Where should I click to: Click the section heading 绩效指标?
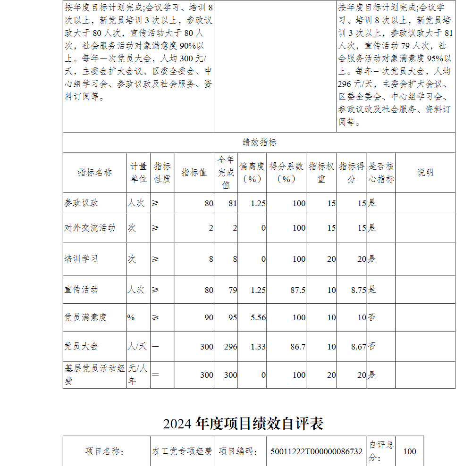(x=259, y=143)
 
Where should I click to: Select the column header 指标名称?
(x=94, y=173)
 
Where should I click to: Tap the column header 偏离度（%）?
(x=252, y=173)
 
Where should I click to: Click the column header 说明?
(x=425, y=173)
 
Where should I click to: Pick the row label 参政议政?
(x=82, y=203)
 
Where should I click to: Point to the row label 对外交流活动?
(x=90, y=228)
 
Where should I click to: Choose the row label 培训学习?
(x=81, y=259)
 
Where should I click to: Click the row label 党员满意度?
(x=85, y=317)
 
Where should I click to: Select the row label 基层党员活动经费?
(x=94, y=374)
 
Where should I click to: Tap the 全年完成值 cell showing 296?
(x=231, y=347)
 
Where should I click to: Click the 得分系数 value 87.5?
(x=298, y=290)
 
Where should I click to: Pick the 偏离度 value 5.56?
(x=258, y=317)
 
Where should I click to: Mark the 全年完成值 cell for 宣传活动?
(x=233, y=290)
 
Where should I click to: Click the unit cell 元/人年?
(x=138, y=374)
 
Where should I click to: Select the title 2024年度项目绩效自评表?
(x=243, y=424)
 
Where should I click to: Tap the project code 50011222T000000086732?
(x=316, y=451)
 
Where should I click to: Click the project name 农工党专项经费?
(x=182, y=451)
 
